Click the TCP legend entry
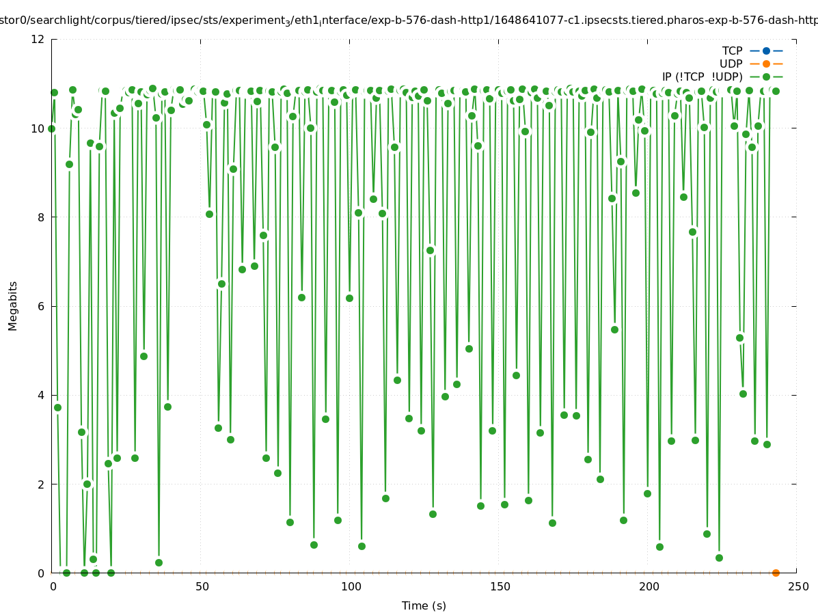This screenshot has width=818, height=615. coord(732,51)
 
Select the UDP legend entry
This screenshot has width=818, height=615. coord(731,64)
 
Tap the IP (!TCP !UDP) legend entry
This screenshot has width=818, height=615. coord(702,77)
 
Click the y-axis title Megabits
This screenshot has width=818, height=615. coord(13,305)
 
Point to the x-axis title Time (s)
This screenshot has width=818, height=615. coord(424,605)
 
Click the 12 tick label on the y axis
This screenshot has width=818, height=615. coord(38,39)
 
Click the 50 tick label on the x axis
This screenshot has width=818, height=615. coord(201,586)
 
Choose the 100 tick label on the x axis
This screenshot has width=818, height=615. coord(350,586)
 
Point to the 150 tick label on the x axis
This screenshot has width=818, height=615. coord(499,586)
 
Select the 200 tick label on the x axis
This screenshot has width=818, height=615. coord(649,586)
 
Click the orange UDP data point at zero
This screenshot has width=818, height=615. coord(776,573)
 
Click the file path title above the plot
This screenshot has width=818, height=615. coord(409,20)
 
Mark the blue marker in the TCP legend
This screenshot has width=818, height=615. coord(766,51)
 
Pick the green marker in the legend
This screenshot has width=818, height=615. coord(766,77)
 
